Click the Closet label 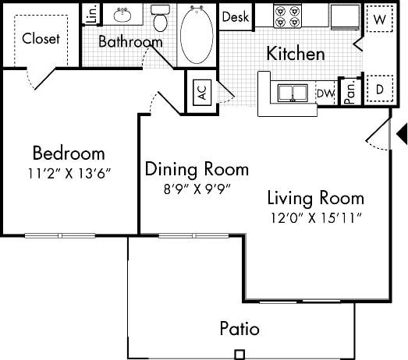click(x=41, y=38)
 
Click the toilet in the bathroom click(x=160, y=18)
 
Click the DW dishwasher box click(x=327, y=94)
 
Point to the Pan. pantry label click(x=350, y=91)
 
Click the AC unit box click(x=201, y=91)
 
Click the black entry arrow click(x=402, y=134)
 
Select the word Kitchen click(x=296, y=54)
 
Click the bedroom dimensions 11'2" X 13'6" click(x=68, y=172)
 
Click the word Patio click(x=239, y=328)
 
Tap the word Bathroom click(x=130, y=42)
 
